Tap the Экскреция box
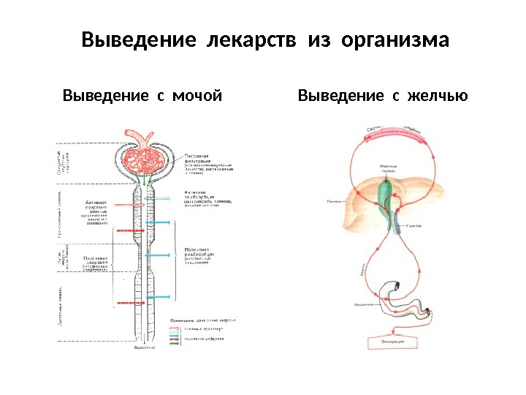(x=392, y=341)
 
